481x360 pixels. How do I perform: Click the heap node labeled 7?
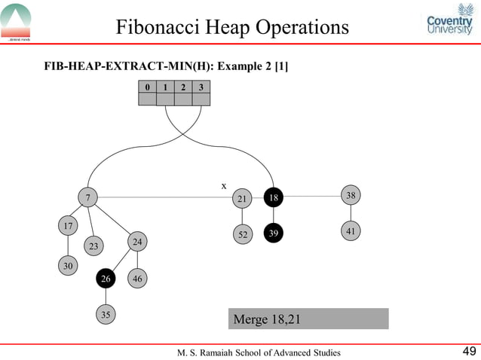[x=88, y=197]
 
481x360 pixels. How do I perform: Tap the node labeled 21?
[x=242, y=198]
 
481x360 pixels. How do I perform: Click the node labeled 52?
[x=242, y=234]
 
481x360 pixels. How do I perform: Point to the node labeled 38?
[x=351, y=195]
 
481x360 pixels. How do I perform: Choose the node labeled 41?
[x=351, y=230]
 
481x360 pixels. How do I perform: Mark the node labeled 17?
[x=68, y=226]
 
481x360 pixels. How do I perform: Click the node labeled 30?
[x=68, y=266]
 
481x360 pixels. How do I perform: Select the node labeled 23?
[x=93, y=246]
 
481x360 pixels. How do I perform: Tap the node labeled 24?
[x=136, y=241]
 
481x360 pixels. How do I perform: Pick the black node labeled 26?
[x=106, y=279]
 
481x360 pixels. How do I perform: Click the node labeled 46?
[x=136, y=279]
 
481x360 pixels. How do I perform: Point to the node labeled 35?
[x=106, y=316]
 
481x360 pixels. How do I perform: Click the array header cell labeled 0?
[x=148, y=87]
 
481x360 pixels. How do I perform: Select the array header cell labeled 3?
[x=201, y=87]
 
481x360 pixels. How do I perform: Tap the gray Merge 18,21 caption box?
[x=308, y=319]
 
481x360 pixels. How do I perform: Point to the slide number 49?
[x=468, y=351]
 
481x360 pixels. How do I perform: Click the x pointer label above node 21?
[x=223, y=185]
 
